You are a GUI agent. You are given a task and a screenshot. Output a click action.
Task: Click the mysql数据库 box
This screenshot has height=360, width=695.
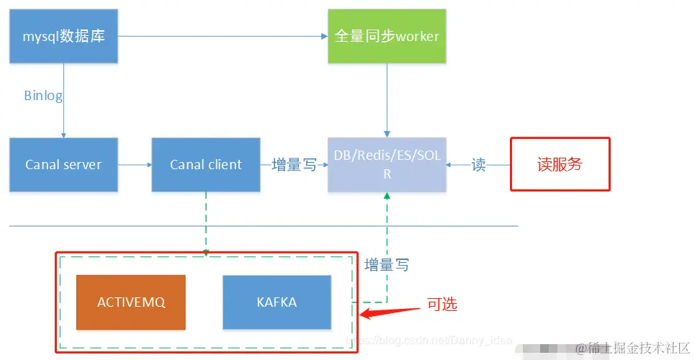[x=63, y=35]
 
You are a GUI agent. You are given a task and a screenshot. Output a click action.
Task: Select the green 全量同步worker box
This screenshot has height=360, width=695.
[x=387, y=35]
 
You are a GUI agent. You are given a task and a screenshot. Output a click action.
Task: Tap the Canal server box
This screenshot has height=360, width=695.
[x=63, y=164]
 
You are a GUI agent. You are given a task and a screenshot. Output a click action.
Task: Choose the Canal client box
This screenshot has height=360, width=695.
[x=206, y=164]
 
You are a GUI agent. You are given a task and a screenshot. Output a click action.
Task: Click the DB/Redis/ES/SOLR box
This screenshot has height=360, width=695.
[x=387, y=164]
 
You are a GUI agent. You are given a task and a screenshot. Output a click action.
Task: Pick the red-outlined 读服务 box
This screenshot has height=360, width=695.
[x=560, y=164]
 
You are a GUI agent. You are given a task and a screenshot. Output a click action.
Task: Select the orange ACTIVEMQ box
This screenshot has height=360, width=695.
[x=131, y=302]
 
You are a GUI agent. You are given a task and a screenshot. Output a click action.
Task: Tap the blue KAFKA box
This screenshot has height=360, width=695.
[x=277, y=302]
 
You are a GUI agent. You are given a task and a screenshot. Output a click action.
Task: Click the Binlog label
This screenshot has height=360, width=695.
[x=43, y=95]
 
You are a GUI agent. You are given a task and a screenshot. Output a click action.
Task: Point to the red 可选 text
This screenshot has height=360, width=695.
[x=441, y=304]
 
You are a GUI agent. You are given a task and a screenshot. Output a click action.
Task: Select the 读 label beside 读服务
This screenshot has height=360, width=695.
[x=478, y=165]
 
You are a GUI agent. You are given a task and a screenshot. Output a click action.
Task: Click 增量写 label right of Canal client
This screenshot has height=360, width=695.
[x=294, y=165]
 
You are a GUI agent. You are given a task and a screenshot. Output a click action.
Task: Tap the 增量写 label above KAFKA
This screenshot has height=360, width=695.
[x=387, y=264]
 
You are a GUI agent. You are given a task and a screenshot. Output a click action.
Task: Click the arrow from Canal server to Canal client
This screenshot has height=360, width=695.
[x=135, y=165]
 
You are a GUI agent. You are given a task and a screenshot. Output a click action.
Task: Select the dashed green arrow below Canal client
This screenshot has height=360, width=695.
[x=206, y=222]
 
